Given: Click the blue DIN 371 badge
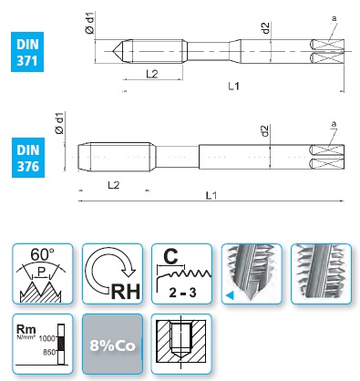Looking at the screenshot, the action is click(27, 52).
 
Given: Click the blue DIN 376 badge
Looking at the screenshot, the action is click(28, 158).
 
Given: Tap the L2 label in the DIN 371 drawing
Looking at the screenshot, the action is click(152, 74).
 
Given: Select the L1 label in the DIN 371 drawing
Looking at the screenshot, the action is click(233, 87).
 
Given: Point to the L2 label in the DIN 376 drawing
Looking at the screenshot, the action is click(114, 185).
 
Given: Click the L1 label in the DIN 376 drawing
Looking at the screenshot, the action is click(211, 195).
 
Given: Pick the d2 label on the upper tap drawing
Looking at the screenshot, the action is click(266, 28).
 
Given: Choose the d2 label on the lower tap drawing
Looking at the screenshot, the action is click(265, 131).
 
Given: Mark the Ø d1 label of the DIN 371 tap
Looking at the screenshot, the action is click(90, 23).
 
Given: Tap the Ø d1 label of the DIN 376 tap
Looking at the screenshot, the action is click(59, 123).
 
